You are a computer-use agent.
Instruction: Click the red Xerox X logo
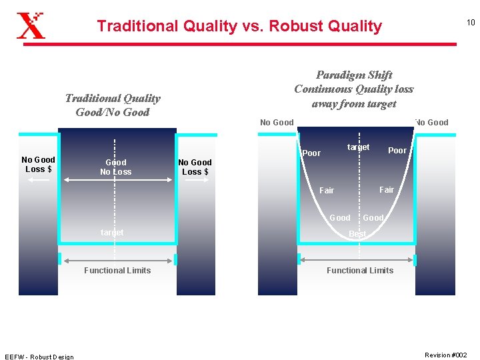point(31,25)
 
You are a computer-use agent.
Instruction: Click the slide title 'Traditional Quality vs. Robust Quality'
point(239,26)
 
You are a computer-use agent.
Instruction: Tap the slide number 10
point(470,23)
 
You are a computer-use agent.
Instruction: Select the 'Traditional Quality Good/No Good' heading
point(113,105)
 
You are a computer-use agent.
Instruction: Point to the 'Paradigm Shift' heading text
point(354,75)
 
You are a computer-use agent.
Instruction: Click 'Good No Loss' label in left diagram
point(116,167)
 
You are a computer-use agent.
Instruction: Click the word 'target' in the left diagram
point(112,233)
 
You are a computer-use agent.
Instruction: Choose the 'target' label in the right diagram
point(358,147)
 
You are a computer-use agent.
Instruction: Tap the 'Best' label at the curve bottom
point(358,234)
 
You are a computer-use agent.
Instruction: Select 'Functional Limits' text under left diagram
point(117,271)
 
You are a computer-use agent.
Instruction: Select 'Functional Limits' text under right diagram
point(360,271)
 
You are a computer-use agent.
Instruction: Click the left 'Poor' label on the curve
point(311,153)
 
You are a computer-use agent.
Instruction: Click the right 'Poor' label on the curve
point(397,151)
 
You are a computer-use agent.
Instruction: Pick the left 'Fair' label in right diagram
point(327,191)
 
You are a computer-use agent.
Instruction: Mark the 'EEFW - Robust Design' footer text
point(39,357)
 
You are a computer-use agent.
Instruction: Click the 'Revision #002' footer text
point(446,355)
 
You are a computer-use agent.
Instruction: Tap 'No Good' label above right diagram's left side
point(277,123)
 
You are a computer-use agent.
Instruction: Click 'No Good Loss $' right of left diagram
point(195,167)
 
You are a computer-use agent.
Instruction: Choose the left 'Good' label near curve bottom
point(340,218)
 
